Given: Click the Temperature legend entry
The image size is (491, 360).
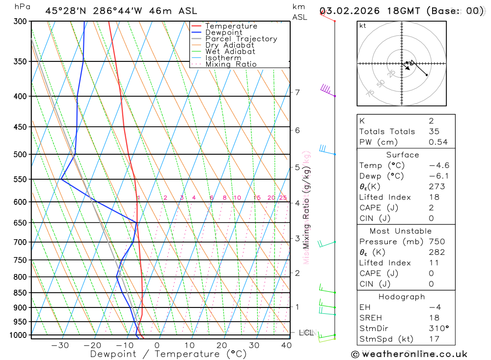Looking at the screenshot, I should coord(231,26).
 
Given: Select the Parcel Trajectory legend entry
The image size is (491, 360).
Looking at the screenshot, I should coord(241,39).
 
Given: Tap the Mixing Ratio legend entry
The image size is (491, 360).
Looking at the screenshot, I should coord(231,64).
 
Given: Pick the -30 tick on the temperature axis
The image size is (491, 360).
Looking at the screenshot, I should coord(60,345).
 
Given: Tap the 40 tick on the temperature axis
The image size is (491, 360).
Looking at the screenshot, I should coord(287,345).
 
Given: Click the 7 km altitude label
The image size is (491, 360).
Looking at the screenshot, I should coord(297,92).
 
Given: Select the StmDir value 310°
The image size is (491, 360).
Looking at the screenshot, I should coord(437,328).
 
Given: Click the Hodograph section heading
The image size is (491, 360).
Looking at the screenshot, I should coord(402,297).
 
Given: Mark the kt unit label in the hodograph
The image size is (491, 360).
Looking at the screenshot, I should coord(363,26).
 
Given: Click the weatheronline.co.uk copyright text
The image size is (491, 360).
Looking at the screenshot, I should coord(409,354).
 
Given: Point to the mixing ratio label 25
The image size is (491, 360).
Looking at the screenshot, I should coord(283,198).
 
